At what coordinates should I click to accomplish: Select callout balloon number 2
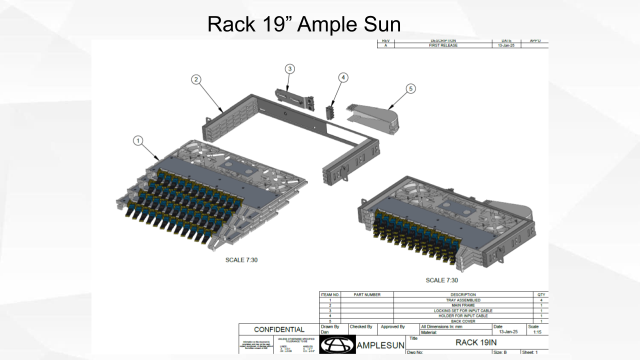[196, 79]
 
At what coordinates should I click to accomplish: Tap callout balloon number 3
[290, 68]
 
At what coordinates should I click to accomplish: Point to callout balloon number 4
[343, 77]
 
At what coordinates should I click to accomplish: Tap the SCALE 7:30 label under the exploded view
[241, 260]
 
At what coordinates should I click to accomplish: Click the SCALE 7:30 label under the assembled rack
[441, 280]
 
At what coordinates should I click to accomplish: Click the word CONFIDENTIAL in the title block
[279, 329]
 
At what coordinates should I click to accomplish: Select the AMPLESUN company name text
[381, 346]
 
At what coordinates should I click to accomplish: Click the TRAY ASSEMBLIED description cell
[463, 300]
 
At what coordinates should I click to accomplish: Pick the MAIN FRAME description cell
[463, 305]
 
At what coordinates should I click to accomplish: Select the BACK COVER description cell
[463, 321]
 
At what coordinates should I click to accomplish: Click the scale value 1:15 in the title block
[537, 332]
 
